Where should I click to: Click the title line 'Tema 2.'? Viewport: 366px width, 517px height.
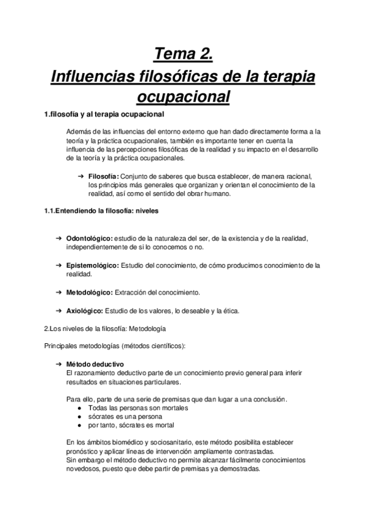coord(183,55)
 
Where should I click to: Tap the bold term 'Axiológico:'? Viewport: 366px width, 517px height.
coord(84,311)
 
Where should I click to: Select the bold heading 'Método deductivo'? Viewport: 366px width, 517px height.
coord(91,363)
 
